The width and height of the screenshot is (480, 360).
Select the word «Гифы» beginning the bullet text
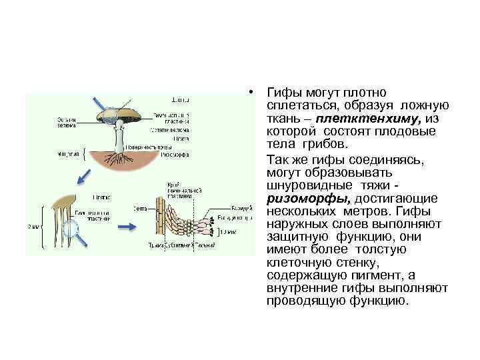(281, 92)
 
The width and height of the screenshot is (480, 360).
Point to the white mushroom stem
(119, 138)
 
